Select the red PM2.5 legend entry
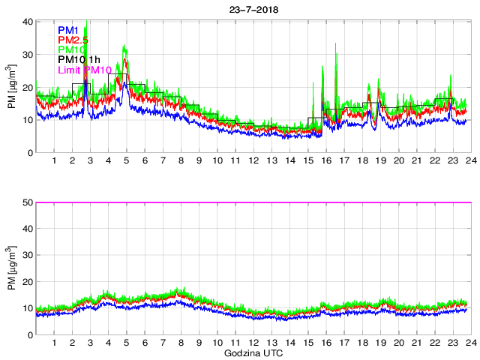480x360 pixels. (73, 39)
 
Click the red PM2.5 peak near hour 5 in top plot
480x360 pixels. (125, 60)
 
